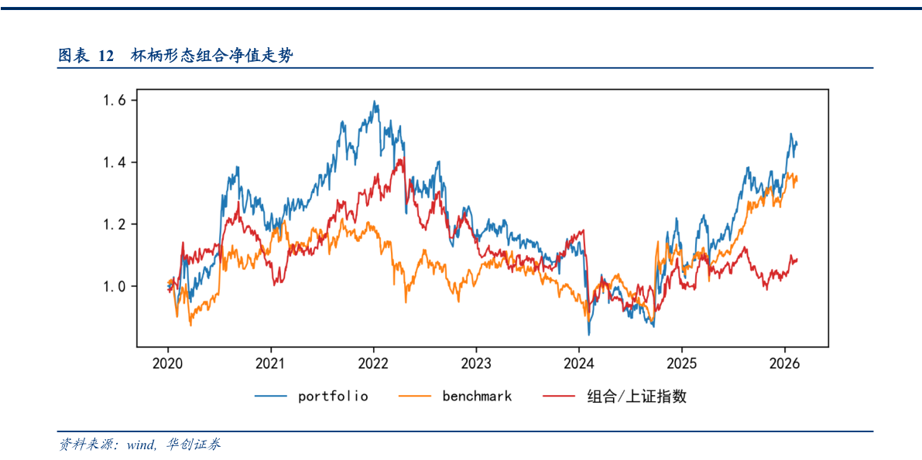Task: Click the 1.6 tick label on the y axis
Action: (x=115, y=101)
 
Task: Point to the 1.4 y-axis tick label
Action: (x=115, y=162)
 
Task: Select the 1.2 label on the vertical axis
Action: (x=115, y=224)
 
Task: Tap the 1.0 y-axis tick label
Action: (x=115, y=286)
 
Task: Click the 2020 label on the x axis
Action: (x=169, y=363)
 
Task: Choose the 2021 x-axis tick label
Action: (x=271, y=363)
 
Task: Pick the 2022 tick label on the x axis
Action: (x=374, y=363)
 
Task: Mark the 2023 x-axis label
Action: (x=476, y=363)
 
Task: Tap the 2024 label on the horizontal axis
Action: (x=579, y=363)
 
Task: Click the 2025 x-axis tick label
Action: (x=682, y=363)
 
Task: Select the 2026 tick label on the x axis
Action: (x=784, y=363)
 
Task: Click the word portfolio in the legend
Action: (x=333, y=397)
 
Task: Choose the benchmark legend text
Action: (x=477, y=397)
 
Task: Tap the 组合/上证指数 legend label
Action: (x=636, y=397)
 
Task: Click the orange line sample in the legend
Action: (x=415, y=397)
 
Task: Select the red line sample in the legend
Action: (x=560, y=397)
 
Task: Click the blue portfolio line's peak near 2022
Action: (x=375, y=101)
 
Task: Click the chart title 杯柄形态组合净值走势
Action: (x=211, y=56)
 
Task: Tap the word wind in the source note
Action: (x=141, y=445)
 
